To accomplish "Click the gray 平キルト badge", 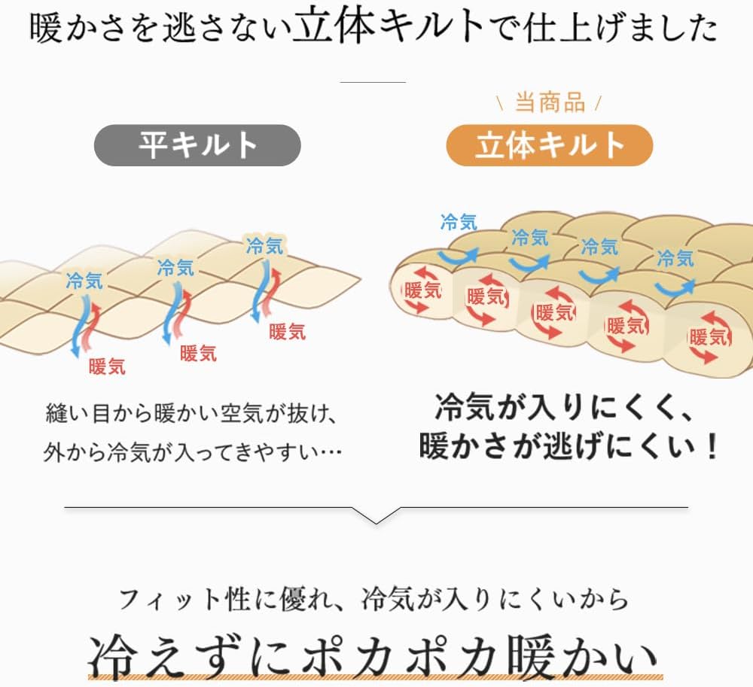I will click(x=197, y=145).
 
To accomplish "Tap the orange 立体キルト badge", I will click(x=550, y=145).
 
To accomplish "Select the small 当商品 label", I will click(x=550, y=102).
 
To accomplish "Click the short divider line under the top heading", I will click(x=373, y=82).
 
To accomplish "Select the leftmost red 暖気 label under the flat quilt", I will click(x=107, y=366).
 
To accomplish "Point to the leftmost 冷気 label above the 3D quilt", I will click(x=459, y=222).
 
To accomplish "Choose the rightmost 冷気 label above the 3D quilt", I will click(x=675, y=259).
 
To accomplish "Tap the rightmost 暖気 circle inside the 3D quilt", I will click(x=709, y=336).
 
